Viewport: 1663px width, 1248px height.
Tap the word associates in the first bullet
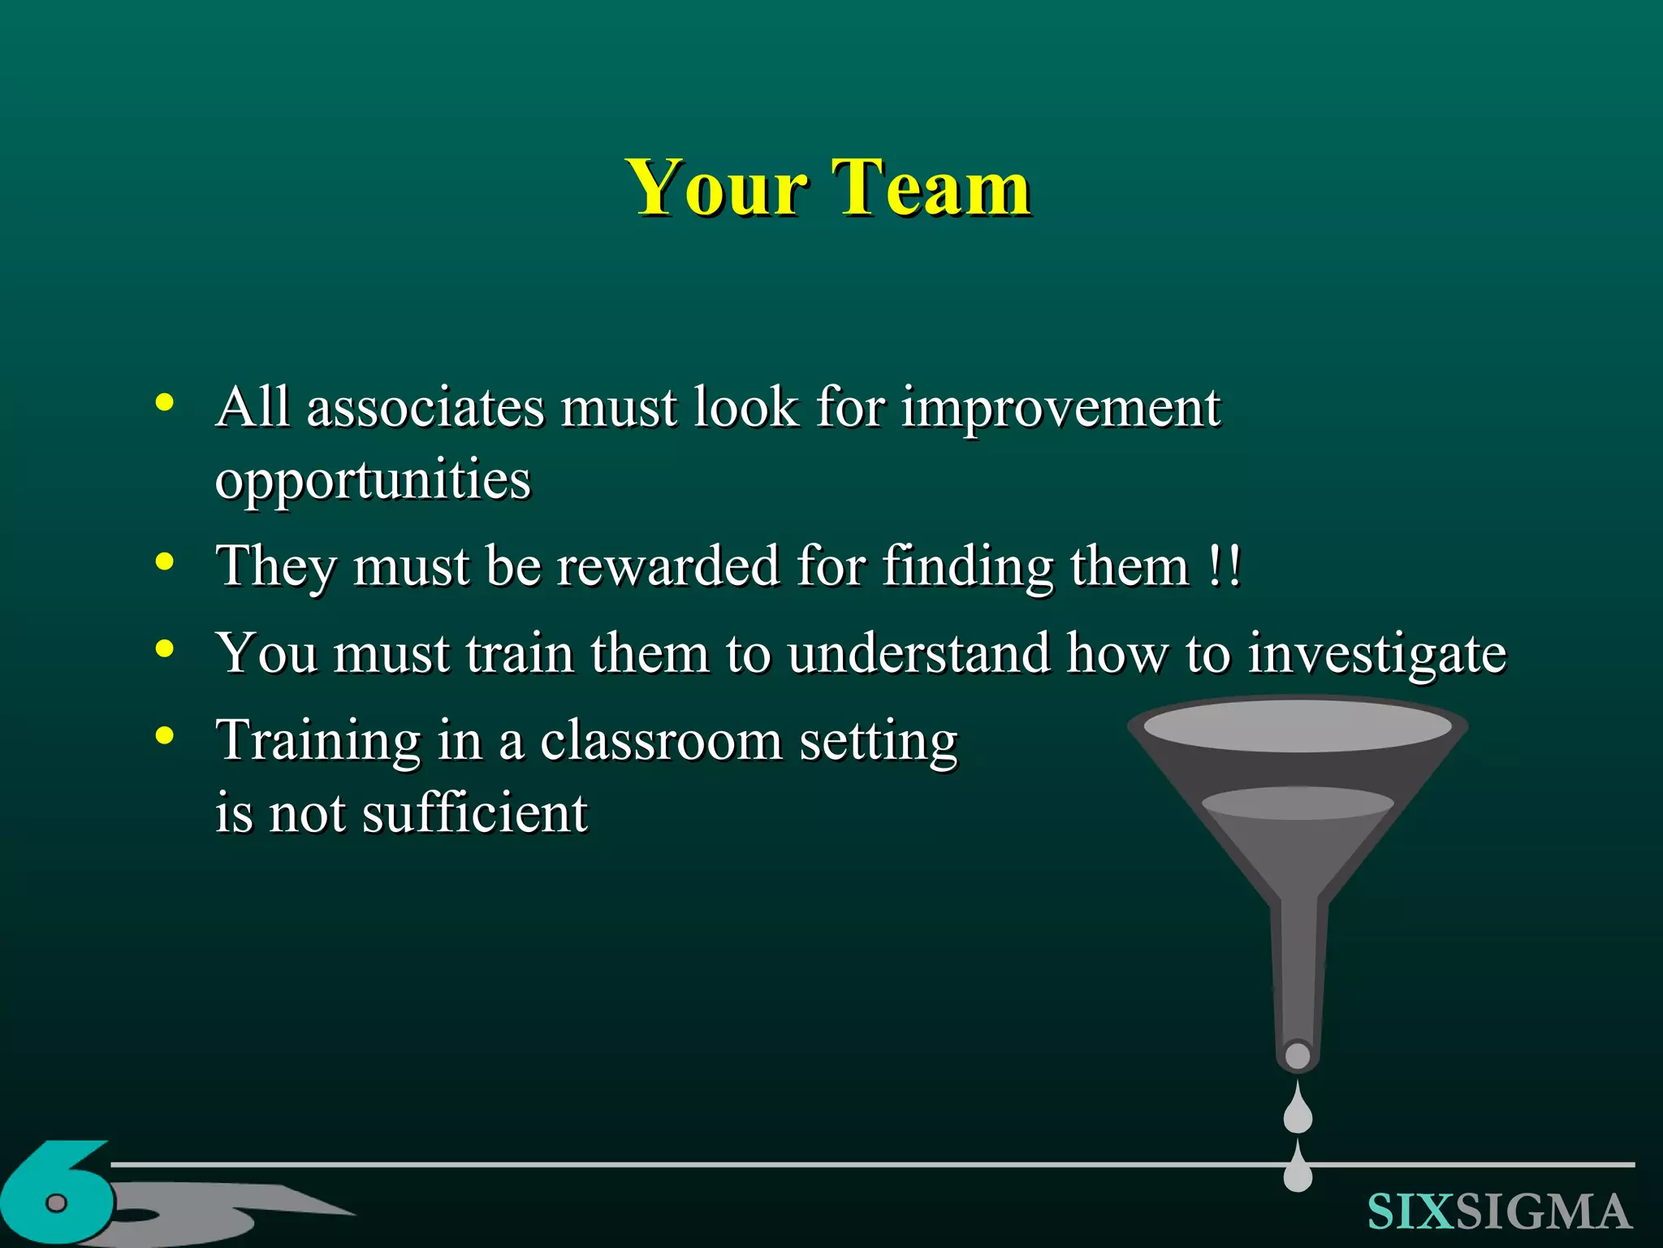(425, 407)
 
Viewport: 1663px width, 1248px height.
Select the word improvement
(1060, 409)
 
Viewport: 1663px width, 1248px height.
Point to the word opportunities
(373, 480)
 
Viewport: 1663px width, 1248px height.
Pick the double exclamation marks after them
(1225, 565)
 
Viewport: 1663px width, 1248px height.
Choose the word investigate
(1376, 655)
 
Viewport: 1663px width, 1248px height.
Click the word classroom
(661, 741)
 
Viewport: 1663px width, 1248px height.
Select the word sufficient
(475, 812)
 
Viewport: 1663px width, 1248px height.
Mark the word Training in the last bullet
(318, 742)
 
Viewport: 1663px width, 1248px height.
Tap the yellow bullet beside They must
(165, 561)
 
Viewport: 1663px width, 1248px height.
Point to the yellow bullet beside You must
(165, 648)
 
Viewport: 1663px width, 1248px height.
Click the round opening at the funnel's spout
(1298, 1055)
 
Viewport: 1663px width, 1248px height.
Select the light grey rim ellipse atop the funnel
(1297, 726)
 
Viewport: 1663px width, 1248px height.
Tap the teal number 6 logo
(57, 1194)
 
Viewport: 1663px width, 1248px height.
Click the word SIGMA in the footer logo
(1543, 1212)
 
